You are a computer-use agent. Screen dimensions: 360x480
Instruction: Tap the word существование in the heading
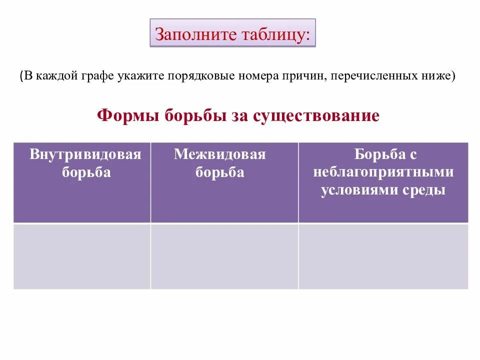[x=316, y=116]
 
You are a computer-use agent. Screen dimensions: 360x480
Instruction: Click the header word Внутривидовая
[x=85, y=154]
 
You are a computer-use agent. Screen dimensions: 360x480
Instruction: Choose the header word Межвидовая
[x=220, y=154]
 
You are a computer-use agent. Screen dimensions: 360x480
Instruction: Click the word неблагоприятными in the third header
[x=383, y=172]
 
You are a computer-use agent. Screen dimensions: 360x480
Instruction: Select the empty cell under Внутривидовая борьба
[x=82, y=256]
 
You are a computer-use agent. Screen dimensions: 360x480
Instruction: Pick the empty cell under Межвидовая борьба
[x=224, y=256]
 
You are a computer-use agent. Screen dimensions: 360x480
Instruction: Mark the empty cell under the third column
[x=383, y=256]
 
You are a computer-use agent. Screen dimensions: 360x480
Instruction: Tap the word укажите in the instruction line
[x=141, y=76]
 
